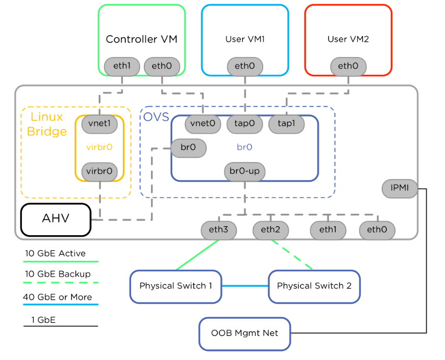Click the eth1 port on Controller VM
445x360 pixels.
coord(122,67)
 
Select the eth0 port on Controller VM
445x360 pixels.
coord(161,67)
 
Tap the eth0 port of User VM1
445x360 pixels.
coord(244,67)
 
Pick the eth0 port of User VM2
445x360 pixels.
coord(348,67)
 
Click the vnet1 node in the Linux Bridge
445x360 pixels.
coord(99,124)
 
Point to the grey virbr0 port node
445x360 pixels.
coord(99,171)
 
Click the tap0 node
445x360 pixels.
coord(244,124)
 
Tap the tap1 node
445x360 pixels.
coord(286,124)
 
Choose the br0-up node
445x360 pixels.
coord(244,171)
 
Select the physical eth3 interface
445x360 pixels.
coord(219,229)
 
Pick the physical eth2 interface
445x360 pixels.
coord(271,229)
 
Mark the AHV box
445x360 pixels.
coord(56,219)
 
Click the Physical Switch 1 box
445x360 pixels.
coord(175,286)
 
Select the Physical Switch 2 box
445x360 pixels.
coord(314,286)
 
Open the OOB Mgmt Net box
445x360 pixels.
coord(244,333)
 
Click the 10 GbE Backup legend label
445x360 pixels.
coord(57,274)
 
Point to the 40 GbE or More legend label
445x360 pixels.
coord(57,297)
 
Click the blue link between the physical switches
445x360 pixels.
coord(244,286)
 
